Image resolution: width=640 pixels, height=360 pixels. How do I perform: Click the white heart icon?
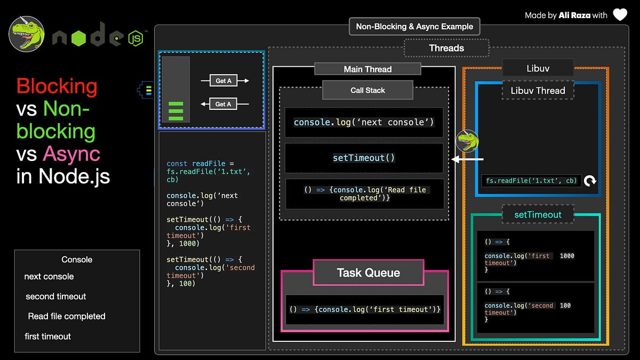point(620,14)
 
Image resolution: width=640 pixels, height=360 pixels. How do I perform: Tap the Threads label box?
point(446,48)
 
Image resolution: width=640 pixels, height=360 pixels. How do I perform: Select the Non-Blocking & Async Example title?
point(414,26)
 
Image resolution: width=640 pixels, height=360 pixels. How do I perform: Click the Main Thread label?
point(367,69)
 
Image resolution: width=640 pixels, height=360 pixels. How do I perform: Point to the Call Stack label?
point(367,90)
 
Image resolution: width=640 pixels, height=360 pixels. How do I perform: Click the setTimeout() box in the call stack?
point(364,158)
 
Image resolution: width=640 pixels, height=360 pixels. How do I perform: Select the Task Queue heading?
point(368,273)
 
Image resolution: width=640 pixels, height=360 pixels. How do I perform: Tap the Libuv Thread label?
point(538,90)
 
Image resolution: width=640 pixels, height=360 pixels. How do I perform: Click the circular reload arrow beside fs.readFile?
point(589,181)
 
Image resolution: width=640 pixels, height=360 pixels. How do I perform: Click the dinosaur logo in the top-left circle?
point(26,33)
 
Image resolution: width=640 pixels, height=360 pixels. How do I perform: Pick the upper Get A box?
point(223,81)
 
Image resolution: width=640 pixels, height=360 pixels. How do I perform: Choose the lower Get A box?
point(223,104)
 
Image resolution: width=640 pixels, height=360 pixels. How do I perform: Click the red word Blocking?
point(57,86)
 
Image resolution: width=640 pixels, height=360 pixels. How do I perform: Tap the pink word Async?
point(71,154)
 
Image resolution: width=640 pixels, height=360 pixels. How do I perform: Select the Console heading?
point(77,260)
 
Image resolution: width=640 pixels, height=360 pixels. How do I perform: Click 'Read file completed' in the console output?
point(67,316)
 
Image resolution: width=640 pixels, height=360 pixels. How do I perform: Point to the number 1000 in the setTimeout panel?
point(567,256)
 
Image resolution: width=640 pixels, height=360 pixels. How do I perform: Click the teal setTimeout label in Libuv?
point(538,214)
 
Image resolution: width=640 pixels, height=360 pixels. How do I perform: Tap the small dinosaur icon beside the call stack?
point(468,141)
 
